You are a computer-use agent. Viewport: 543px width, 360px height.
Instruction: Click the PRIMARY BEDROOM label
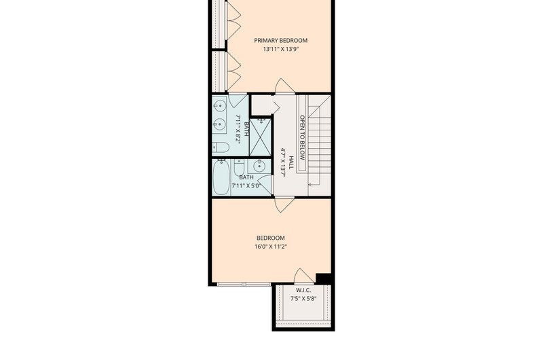pos(280,41)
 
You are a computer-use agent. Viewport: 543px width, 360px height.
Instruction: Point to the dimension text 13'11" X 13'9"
pos(280,49)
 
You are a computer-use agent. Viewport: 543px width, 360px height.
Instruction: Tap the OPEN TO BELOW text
pos(302,138)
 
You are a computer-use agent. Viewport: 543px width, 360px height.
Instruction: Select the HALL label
pos(292,162)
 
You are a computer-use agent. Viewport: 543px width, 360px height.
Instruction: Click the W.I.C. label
pos(303,290)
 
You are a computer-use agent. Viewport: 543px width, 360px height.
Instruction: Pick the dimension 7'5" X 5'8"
pos(303,299)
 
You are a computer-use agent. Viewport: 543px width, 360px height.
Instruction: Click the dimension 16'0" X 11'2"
pos(271,247)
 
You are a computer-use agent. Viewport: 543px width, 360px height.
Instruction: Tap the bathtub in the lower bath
pos(221,177)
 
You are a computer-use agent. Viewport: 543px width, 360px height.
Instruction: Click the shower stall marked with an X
pos(260,137)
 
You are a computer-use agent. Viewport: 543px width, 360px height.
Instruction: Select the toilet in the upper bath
pos(221,147)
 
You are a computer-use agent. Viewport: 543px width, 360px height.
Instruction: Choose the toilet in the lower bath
pos(239,167)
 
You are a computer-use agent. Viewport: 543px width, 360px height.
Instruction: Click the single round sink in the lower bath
pos(259,166)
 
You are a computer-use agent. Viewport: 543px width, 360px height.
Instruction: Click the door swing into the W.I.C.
pos(304,276)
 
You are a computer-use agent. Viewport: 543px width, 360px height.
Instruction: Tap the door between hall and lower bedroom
pos(284,204)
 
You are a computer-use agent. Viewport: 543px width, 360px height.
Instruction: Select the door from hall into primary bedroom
pos(284,86)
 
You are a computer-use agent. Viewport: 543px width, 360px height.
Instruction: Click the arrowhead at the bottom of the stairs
pos(310,185)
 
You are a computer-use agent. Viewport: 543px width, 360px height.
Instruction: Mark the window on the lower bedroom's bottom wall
pos(244,284)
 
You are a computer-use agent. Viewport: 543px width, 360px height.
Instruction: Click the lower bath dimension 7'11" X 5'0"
pos(246,185)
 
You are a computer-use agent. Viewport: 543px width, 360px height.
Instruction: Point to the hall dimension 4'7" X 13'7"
pos(284,162)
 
